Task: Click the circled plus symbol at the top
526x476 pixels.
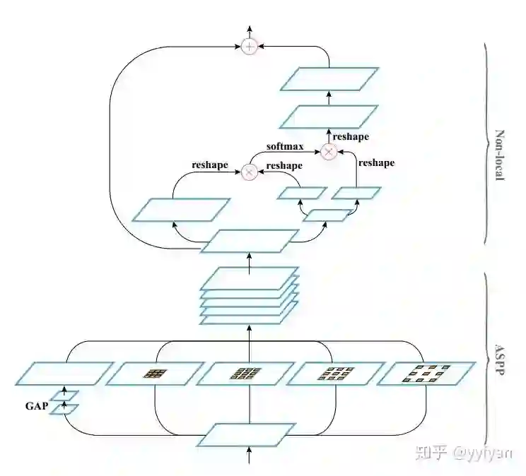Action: [249, 47]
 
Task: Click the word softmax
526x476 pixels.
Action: [285, 147]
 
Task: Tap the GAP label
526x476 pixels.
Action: [36, 406]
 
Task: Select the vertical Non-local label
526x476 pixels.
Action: [499, 155]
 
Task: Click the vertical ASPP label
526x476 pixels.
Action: [499, 361]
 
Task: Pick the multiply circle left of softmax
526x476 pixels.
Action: [249, 171]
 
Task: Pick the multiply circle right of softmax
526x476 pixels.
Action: [328, 151]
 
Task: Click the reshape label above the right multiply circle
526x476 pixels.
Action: [351, 137]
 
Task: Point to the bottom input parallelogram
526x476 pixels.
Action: [245, 435]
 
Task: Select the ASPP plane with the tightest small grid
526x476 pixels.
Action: [154, 374]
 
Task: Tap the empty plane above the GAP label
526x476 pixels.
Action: [64, 373]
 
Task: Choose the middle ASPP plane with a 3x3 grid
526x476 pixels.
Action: [245, 374]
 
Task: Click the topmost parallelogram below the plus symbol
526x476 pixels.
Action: [329, 78]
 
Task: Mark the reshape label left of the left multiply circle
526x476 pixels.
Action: [210, 165]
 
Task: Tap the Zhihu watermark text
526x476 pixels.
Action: [464, 453]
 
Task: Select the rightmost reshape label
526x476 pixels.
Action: [376, 163]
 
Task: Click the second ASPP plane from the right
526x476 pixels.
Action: [334, 374]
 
